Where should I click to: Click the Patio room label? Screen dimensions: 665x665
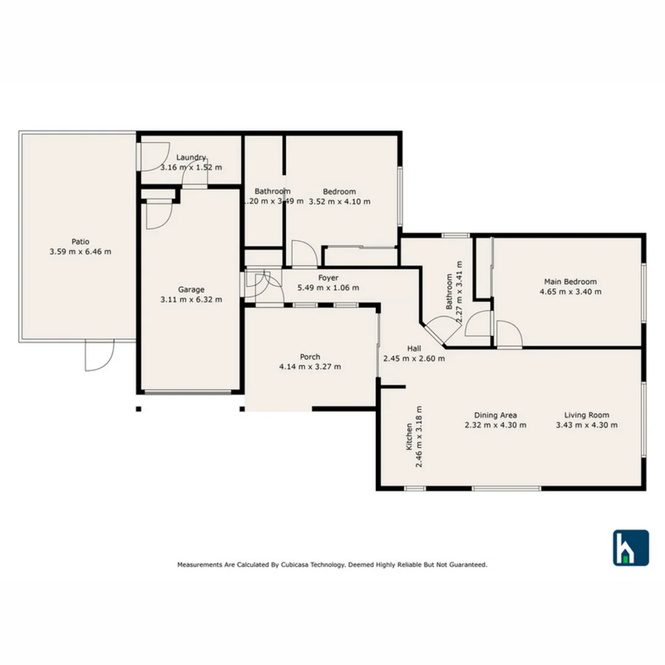[x=80, y=242]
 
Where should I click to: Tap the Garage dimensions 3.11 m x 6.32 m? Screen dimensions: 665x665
[x=191, y=300]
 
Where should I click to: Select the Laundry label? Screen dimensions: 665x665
[x=191, y=158]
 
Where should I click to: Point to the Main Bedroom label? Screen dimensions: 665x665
[x=570, y=282]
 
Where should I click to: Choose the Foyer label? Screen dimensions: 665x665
[x=328, y=278]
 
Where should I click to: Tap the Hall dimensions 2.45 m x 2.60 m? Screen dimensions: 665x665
[x=414, y=358]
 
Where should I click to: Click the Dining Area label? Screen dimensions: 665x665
[x=495, y=415]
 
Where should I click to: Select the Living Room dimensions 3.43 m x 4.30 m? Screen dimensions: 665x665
[x=587, y=425]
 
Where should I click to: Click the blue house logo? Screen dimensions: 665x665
[x=630, y=547]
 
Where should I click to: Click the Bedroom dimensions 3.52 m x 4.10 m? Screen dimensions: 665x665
[x=339, y=201]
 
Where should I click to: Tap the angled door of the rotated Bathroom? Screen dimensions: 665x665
[x=443, y=330]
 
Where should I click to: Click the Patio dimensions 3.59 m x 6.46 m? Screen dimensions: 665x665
[x=80, y=252]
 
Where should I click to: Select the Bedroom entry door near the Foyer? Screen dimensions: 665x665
[x=304, y=254]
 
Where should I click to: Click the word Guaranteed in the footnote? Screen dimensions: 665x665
[x=469, y=564]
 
